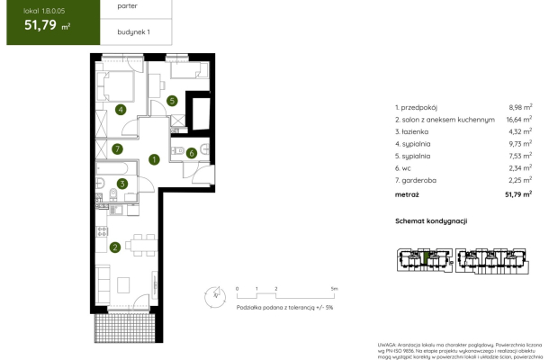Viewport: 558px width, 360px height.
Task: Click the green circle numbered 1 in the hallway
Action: tap(155, 160)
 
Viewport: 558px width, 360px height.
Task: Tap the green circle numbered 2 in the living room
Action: tap(115, 247)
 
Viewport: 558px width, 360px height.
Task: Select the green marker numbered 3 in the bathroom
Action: tap(122, 184)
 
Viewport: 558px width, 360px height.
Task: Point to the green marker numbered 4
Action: tap(120, 111)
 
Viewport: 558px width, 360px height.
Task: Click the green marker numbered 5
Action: tap(171, 102)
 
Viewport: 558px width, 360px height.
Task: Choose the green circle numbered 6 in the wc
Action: tap(192, 153)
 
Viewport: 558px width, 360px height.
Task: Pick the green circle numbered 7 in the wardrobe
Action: tap(118, 148)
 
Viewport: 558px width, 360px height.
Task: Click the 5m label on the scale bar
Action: tap(334, 288)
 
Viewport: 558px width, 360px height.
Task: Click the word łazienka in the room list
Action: tap(418, 130)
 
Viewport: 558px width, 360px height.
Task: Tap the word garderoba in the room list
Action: tap(420, 180)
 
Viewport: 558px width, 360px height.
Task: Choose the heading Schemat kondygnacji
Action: tap(432, 220)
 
